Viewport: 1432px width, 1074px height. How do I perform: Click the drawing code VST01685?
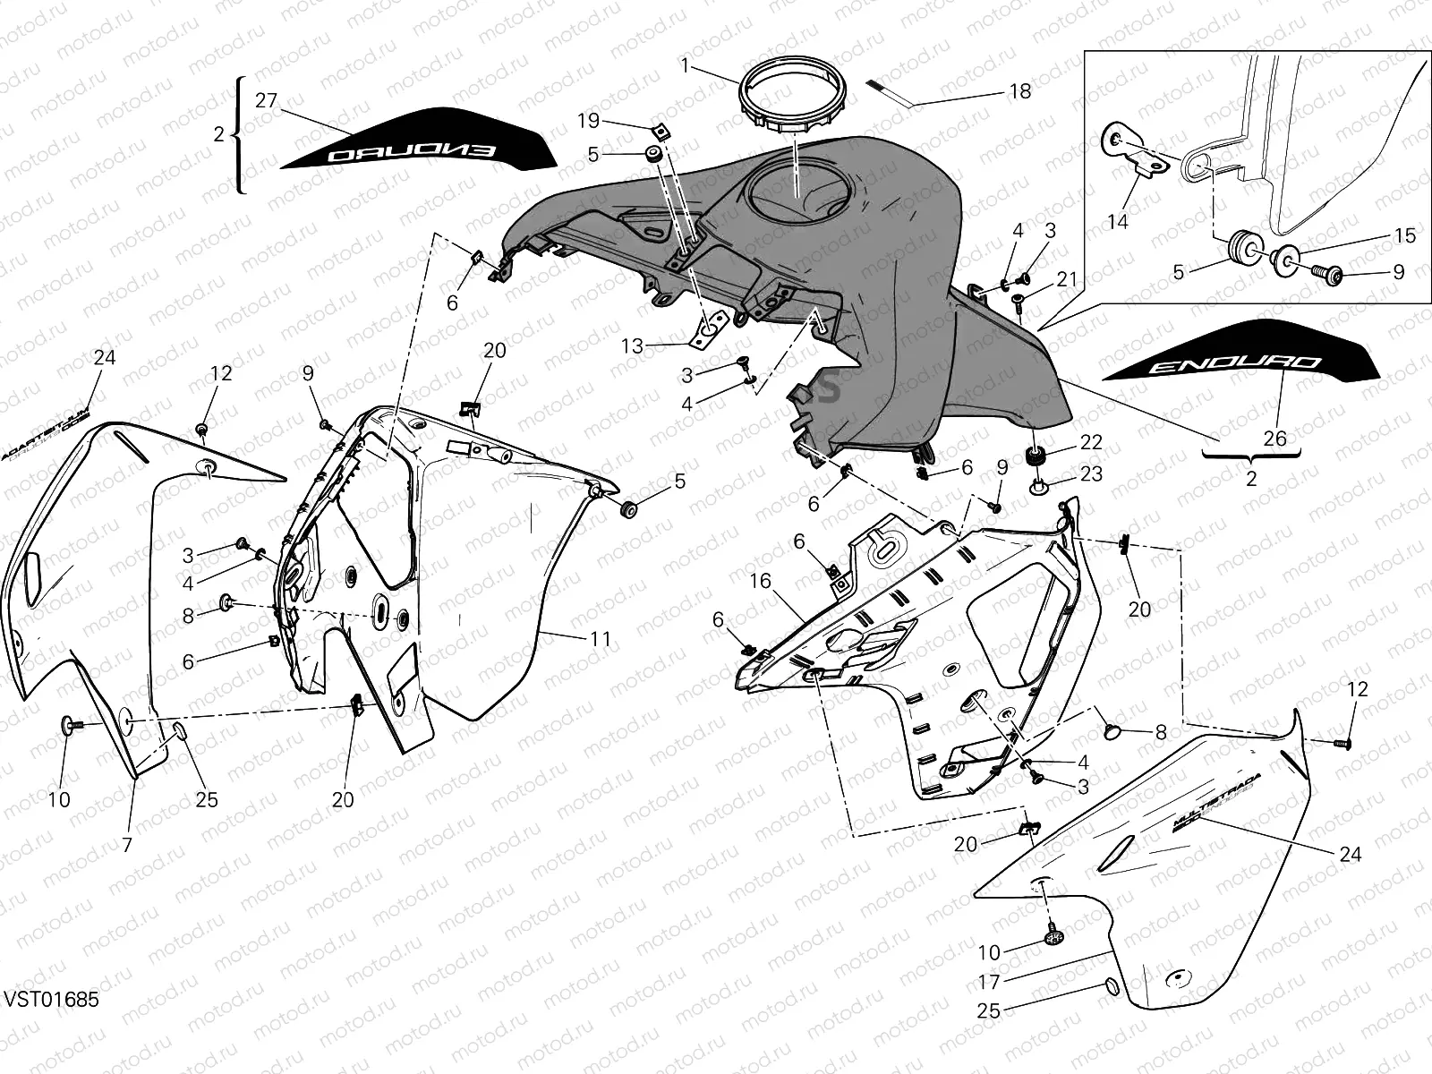[x=51, y=998]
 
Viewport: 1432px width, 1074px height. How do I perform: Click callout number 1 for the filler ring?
[x=685, y=65]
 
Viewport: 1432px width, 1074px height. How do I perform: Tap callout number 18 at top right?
[x=1019, y=91]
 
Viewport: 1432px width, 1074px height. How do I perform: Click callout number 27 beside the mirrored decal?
[x=267, y=100]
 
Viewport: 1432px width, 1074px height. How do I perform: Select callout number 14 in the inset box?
[x=1118, y=221]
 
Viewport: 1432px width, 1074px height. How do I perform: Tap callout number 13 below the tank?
[x=632, y=345]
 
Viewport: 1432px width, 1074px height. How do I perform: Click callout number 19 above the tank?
[x=613, y=121]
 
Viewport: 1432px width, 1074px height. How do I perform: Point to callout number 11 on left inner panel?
[x=600, y=639]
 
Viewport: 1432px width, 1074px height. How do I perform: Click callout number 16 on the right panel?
[x=760, y=582]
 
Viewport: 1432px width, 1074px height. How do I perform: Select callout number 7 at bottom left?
[x=127, y=844]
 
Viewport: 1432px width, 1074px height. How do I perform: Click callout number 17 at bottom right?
[x=988, y=981]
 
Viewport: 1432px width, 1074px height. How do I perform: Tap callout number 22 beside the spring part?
[x=1091, y=443]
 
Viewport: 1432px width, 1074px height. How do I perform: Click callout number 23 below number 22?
[x=1091, y=473]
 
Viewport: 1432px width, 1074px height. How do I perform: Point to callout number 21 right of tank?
[x=1066, y=280]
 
